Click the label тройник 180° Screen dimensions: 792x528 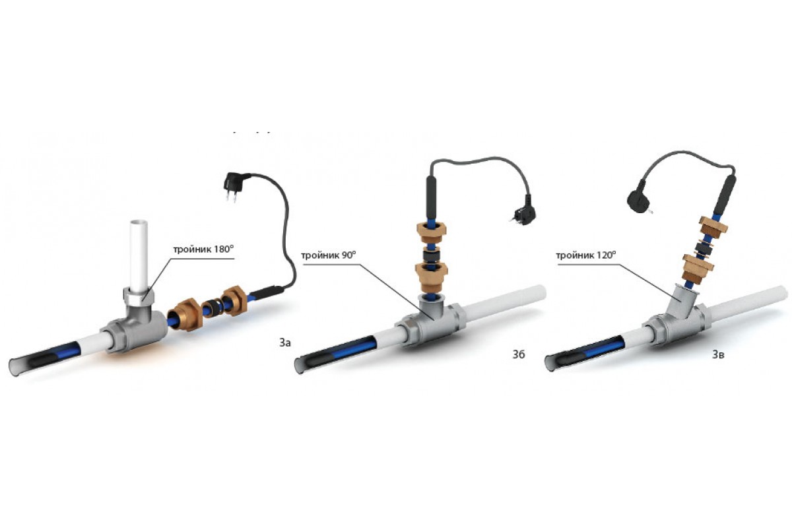pos(203,249)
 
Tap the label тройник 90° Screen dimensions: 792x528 pos(329,255)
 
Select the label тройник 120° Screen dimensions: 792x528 pos(586,255)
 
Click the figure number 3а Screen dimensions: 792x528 pos(285,343)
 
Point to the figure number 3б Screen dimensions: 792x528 pos(519,354)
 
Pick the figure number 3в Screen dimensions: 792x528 pos(718,354)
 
